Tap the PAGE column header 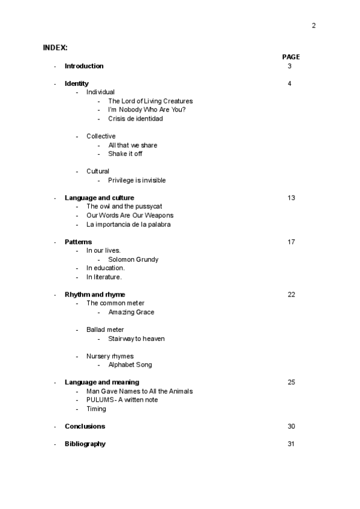tap(291, 57)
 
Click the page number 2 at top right tap(313, 25)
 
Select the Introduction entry tap(84, 66)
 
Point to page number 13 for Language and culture tap(291, 198)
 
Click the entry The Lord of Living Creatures tap(150, 101)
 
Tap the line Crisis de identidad tap(135, 119)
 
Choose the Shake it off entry tap(125, 154)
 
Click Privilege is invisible tap(137, 180)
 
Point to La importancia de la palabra tap(128, 224)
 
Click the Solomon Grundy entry tap(133, 259)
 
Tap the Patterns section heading tap(78, 242)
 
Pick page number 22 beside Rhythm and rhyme tap(291, 295)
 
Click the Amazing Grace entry tap(131, 312)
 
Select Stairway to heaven tap(136, 339)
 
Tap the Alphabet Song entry tap(130, 365)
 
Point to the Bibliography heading tap(85, 444)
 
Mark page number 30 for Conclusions tap(291, 426)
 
